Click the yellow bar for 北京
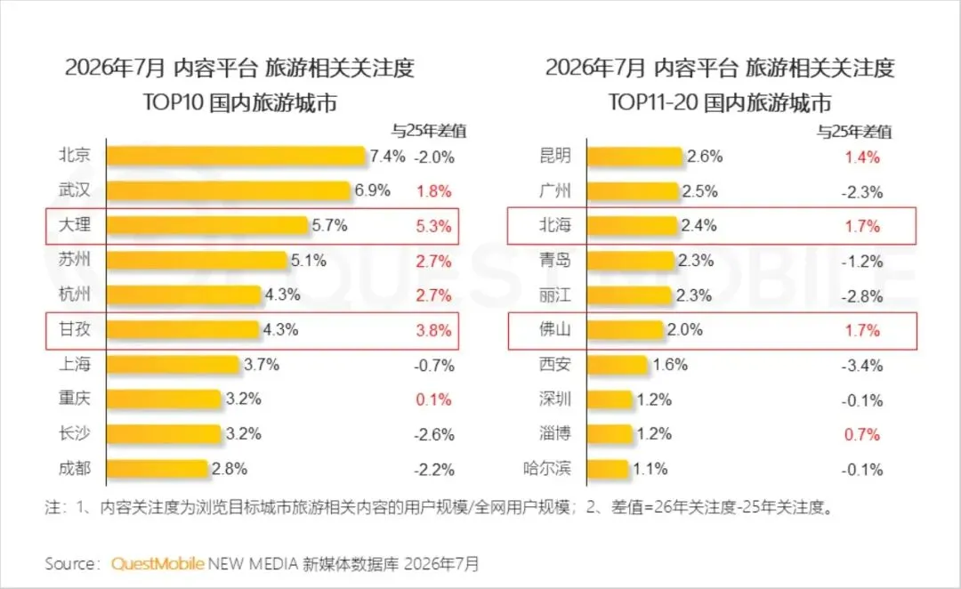(236, 156)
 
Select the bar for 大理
(207, 226)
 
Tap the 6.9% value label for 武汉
(373, 190)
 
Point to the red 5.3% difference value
(434, 226)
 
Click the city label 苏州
(75, 260)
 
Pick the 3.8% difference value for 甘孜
(434, 331)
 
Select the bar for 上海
(173, 365)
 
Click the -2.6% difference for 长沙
(434, 435)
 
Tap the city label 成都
(75, 469)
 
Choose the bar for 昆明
(635, 157)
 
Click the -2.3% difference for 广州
(861, 192)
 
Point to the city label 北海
(555, 226)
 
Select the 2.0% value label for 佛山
(684, 330)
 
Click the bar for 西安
(618, 365)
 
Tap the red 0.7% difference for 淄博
(861, 435)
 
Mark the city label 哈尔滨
(547, 469)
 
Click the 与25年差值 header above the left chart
(429, 131)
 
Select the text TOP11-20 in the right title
(653, 102)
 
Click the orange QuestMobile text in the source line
(157, 564)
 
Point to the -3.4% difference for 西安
(861, 366)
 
